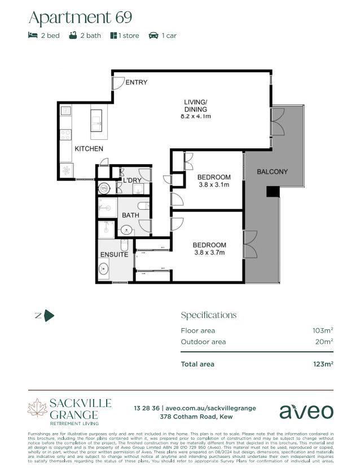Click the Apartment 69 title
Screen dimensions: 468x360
80,17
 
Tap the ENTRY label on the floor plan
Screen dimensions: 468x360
136,82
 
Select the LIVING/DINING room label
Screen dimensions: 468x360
195,105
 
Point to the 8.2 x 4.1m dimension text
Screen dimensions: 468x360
195,117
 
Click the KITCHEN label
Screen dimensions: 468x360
89,149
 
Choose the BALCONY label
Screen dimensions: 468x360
272,171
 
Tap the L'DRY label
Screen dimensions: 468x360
132,180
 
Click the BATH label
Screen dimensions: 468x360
131,215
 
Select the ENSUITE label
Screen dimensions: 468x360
115,255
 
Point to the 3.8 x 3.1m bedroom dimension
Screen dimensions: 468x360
214,184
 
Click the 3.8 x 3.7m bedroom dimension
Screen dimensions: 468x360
209,253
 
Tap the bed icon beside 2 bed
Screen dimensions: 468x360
33,36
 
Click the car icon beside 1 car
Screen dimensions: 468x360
153,36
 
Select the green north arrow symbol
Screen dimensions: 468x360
49,316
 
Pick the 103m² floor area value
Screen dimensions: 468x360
323,330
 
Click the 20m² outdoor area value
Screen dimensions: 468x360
324,342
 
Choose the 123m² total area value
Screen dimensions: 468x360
323,364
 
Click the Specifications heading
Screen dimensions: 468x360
208,315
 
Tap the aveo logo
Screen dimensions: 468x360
306,411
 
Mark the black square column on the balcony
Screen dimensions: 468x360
273,192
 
